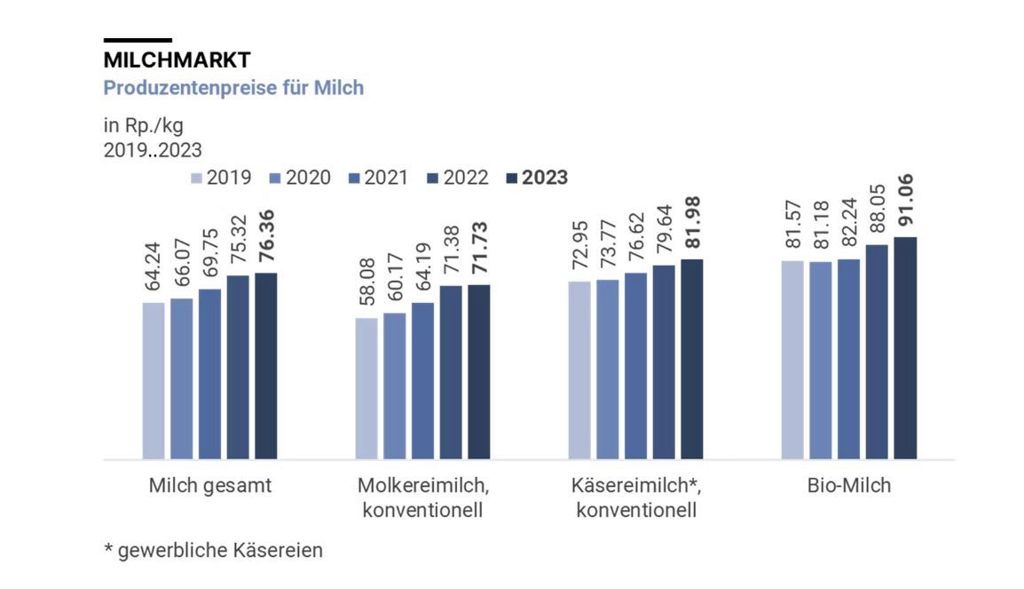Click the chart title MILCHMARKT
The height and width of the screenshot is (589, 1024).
(177, 60)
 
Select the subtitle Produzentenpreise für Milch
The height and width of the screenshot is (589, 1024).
(233, 88)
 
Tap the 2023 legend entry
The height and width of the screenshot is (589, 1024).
(536, 177)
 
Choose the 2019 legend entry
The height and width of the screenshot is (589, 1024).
(221, 177)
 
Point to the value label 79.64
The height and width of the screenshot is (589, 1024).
(664, 234)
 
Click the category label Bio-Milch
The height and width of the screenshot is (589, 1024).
(848, 486)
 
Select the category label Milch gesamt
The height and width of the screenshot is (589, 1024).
(209, 486)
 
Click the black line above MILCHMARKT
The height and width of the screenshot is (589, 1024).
(138, 40)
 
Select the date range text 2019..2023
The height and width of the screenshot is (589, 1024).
(154, 149)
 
